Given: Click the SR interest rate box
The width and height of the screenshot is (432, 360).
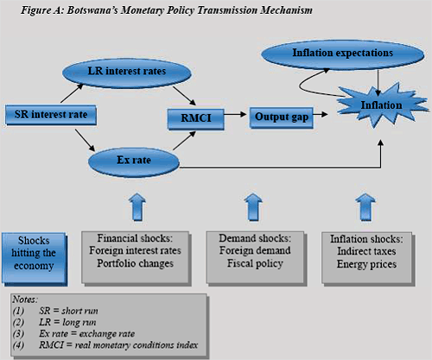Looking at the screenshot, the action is (51, 115).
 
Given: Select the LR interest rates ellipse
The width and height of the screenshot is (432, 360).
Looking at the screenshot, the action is (127, 73).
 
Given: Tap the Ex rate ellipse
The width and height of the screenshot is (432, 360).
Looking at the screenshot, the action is (134, 162).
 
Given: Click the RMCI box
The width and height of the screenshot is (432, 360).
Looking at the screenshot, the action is (196, 119).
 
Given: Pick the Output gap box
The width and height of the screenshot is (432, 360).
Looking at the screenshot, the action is (282, 117).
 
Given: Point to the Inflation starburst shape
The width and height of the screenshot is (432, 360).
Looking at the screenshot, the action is (382, 105).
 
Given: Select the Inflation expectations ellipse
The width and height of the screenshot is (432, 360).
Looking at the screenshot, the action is (343, 54).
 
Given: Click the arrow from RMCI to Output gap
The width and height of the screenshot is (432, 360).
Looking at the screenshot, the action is (235, 114).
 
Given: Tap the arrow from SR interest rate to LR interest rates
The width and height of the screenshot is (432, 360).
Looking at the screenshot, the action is (72, 93).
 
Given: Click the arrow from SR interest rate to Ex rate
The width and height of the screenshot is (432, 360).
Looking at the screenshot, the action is (85, 140).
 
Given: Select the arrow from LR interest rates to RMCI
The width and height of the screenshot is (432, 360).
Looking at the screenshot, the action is (184, 96).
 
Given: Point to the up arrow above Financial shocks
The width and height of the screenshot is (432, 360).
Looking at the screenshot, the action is (137, 206).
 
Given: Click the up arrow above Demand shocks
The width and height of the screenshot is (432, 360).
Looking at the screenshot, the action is (253, 206).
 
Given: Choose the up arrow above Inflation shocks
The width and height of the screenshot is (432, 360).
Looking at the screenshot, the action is (365, 206).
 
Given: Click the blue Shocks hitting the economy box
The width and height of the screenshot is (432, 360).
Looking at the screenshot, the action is (35, 259).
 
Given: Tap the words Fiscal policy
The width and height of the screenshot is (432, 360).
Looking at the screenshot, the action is (255, 263).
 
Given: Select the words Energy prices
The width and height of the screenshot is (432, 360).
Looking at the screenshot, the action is (366, 264).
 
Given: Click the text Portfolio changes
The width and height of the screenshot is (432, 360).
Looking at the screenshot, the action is (135, 263).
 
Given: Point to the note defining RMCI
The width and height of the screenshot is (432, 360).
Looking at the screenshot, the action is (105, 345).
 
